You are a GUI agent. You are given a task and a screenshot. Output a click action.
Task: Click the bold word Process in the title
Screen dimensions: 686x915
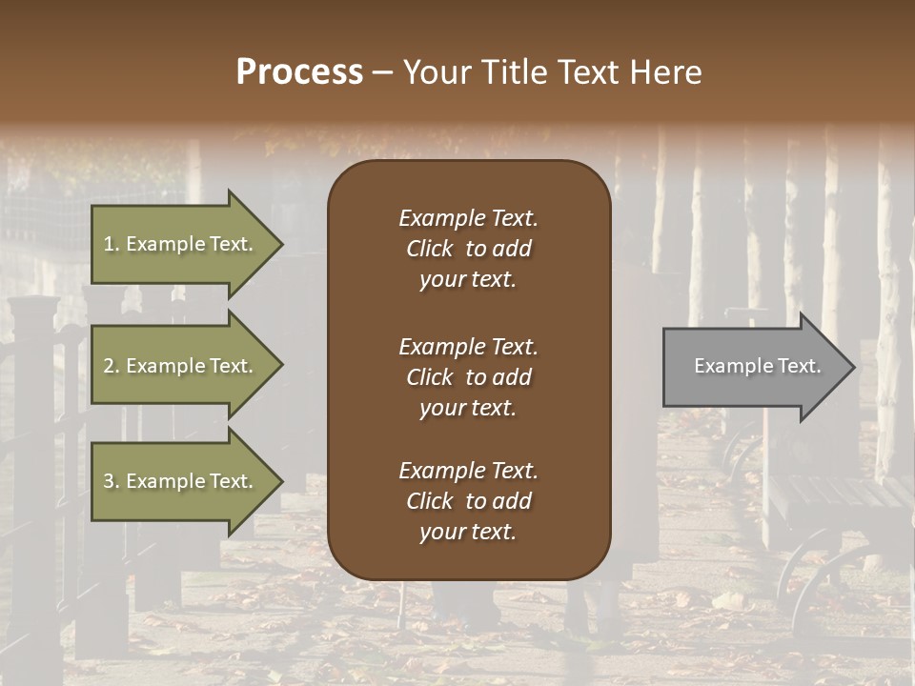pos(299,72)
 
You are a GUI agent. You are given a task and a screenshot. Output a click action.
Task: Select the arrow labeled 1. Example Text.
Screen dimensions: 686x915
pos(181,244)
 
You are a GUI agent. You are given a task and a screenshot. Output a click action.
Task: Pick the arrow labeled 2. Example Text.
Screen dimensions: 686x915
pos(181,366)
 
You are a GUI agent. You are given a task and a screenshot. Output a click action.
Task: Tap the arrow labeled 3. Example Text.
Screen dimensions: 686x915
pos(181,481)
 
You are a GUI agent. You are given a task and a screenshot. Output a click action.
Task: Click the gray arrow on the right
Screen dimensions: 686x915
pos(753,367)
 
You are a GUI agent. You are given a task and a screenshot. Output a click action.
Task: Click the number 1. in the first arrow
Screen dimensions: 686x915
pos(112,244)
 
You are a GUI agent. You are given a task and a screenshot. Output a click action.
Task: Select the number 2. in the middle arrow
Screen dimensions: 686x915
pos(112,366)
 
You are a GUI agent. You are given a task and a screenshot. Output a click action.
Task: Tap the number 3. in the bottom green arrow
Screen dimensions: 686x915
pos(112,481)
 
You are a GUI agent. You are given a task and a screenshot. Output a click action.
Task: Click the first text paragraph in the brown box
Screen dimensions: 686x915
pos(468,249)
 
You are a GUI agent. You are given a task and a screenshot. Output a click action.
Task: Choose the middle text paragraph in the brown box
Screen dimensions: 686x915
pos(468,377)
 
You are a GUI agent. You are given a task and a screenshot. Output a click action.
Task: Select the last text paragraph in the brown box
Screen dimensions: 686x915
pos(468,501)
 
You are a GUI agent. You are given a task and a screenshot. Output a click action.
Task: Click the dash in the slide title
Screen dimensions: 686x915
pos(382,73)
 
